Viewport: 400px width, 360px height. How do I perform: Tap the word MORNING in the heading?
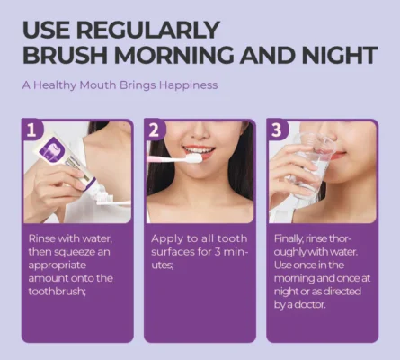(x=173, y=55)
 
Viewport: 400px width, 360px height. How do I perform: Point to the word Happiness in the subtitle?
(x=188, y=85)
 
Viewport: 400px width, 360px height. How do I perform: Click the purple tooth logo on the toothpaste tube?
(x=49, y=149)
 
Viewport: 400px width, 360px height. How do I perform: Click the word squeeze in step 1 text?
(x=72, y=252)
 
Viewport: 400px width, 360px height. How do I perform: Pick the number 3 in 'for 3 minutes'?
(x=218, y=252)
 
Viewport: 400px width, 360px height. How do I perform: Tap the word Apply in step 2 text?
(x=166, y=239)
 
